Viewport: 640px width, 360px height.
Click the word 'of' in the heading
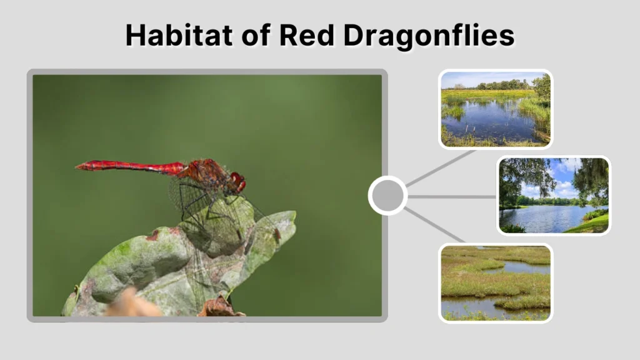(x=244, y=36)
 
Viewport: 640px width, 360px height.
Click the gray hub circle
(x=387, y=196)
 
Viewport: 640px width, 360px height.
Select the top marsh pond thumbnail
(x=495, y=109)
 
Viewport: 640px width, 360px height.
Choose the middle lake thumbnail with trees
(x=553, y=196)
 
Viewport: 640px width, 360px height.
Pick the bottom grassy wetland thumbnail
(x=495, y=283)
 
